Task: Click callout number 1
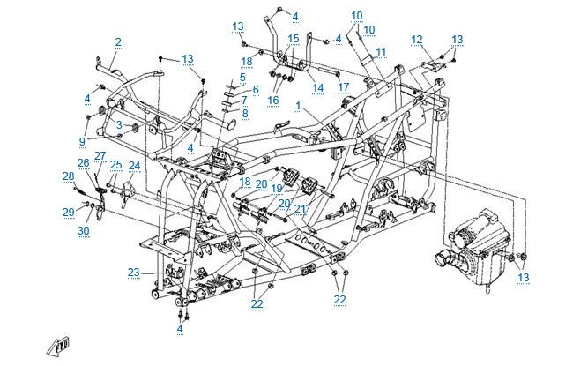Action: pos(298,106)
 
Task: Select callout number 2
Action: pos(118,42)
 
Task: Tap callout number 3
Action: pos(119,125)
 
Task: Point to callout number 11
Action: pos(381,52)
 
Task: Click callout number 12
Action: pos(417,40)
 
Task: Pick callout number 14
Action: pos(318,88)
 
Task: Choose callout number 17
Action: pos(344,87)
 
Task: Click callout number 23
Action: pos(134,273)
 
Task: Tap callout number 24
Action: pos(135,166)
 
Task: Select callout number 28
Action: pos(69,176)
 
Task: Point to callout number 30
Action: pos(84,231)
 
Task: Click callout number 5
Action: pos(242,78)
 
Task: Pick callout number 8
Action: pos(245,114)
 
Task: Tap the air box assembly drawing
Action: pos(473,249)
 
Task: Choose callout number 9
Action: pos(83,141)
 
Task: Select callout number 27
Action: pos(100,156)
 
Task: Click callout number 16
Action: pos(273,101)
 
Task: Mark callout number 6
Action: pos(256,89)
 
